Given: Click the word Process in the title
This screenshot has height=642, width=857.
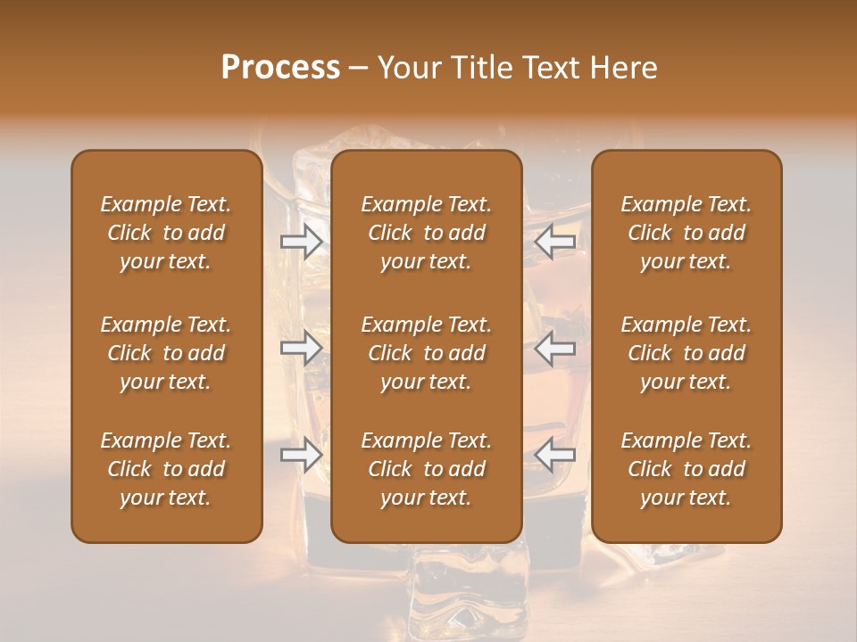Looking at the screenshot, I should click(280, 68).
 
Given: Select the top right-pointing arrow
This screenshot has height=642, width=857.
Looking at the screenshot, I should click(301, 241).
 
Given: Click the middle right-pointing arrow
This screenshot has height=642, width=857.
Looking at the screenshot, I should click(301, 348).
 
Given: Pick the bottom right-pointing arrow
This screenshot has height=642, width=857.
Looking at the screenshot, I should click(301, 456).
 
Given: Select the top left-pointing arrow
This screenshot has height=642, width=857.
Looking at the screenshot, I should click(555, 241).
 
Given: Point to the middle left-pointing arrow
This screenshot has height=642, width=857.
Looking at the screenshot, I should click(555, 348).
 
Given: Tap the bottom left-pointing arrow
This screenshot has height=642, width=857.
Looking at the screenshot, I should click(555, 456).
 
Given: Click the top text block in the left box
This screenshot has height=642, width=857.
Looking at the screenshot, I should click(166, 233).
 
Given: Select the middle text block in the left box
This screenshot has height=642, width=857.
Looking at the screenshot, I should click(166, 353).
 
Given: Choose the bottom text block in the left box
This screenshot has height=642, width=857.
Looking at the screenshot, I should click(166, 469).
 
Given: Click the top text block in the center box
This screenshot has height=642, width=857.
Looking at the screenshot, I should click(427, 233).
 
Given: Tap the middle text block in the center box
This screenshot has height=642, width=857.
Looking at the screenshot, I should click(427, 353).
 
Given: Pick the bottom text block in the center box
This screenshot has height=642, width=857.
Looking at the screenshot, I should click(427, 469).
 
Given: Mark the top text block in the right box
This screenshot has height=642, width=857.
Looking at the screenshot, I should click(686, 233).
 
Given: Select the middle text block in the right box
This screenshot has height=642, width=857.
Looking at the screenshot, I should click(686, 353).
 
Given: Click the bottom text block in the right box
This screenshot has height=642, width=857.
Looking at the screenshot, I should click(686, 469).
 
